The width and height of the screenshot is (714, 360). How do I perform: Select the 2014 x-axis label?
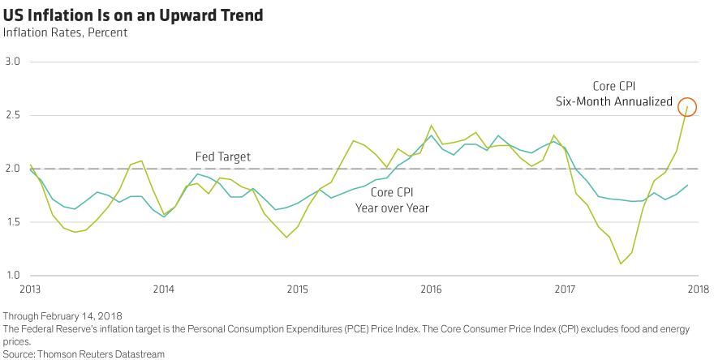click(163, 289)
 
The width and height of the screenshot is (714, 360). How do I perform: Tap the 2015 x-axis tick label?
click(297, 289)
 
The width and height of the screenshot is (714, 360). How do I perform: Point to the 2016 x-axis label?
click(431, 289)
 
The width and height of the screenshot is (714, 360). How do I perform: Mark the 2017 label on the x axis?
click(565, 289)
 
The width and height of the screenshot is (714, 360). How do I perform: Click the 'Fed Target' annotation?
click(223, 156)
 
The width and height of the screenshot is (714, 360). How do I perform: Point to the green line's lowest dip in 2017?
click(621, 264)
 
